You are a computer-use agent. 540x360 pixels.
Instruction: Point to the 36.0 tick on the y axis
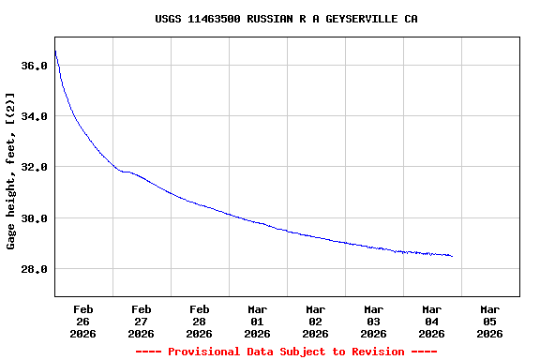(x=34, y=66)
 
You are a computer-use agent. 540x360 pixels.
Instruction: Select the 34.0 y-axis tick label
(x=34, y=116)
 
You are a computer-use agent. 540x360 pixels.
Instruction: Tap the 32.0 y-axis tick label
(x=34, y=167)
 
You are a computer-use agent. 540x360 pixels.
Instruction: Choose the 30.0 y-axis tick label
(x=34, y=218)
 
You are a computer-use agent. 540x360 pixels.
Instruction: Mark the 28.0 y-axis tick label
(x=34, y=269)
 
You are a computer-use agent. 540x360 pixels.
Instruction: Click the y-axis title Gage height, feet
(x=11, y=170)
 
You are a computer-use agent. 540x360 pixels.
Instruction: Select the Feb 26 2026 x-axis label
(x=83, y=321)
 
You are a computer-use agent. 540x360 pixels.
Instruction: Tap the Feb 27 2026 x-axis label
(x=142, y=321)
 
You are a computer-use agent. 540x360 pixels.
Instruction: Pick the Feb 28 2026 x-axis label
(x=200, y=321)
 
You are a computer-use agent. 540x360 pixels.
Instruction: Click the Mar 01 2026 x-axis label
(x=258, y=321)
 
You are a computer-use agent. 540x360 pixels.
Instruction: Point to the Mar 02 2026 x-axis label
(x=316, y=321)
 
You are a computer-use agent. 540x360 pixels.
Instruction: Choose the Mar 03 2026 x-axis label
(x=374, y=321)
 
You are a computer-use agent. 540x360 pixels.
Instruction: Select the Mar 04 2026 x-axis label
(x=432, y=321)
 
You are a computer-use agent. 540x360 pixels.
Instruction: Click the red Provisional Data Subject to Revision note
(x=286, y=352)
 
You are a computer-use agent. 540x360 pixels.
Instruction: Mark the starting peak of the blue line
(x=55, y=51)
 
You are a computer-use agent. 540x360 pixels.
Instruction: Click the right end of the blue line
(x=452, y=256)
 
